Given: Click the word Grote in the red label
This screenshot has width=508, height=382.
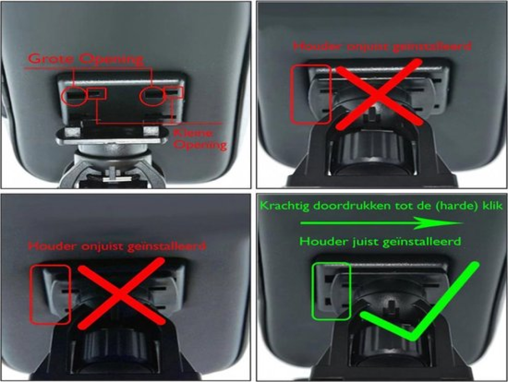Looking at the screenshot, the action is pyautogui.click(x=52, y=59).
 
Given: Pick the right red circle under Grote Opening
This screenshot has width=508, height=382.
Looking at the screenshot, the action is pyautogui.click(x=152, y=96).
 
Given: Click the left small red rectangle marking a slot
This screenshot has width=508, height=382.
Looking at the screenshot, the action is pyautogui.click(x=97, y=93).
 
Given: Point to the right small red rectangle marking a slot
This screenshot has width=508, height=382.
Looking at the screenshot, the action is pyautogui.click(x=174, y=92).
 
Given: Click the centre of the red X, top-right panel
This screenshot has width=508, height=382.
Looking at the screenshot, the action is pyautogui.click(x=379, y=94).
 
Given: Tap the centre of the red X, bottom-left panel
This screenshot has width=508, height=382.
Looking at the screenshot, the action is pyautogui.click(x=121, y=293).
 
